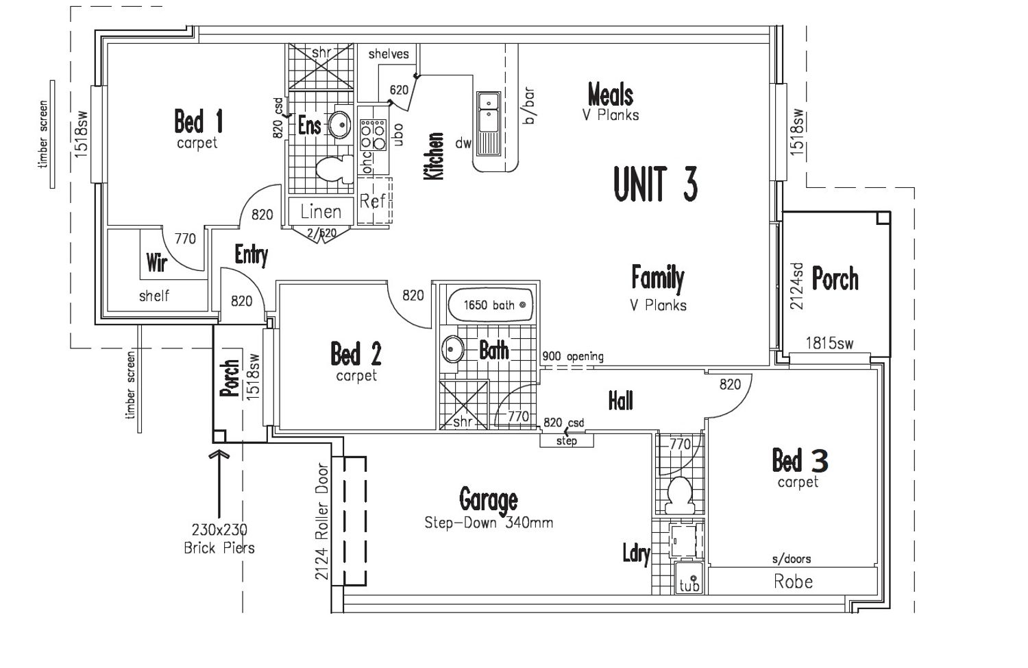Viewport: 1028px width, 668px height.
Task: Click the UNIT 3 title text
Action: point(655,184)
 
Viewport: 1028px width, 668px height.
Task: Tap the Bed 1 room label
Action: point(199,121)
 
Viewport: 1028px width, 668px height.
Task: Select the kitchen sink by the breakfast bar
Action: point(488,124)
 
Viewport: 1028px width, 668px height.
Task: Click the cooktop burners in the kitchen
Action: point(373,135)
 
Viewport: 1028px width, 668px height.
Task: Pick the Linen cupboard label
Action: point(321,212)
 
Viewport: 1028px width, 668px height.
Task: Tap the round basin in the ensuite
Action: point(339,124)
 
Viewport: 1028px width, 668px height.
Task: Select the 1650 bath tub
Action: point(490,305)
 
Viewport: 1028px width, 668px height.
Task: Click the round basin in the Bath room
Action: point(452,349)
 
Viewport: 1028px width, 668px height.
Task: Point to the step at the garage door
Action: point(566,441)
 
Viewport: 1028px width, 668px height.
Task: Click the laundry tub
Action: point(689,577)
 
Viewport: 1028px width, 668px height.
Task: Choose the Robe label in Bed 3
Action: point(793,582)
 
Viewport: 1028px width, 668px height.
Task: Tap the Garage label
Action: point(488,499)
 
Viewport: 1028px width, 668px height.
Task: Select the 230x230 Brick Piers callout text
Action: point(219,538)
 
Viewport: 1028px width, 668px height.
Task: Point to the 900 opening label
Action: point(573,356)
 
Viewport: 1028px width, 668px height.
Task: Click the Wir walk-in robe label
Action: point(156,262)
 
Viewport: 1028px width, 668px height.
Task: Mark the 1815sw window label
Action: point(830,343)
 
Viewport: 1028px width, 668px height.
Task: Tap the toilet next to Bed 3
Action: point(680,495)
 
